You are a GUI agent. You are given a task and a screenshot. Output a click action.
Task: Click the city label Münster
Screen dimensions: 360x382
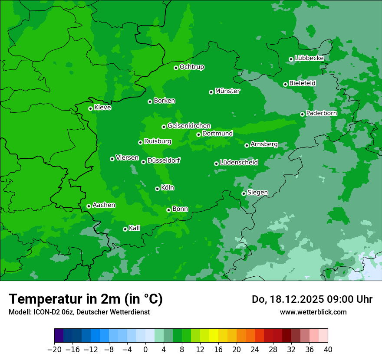pyautogui.click(x=227, y=91)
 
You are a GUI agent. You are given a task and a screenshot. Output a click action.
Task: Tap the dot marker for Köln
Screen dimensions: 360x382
pyautogui.click(x=157, y=189)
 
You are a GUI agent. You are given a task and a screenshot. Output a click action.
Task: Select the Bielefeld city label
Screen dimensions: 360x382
pyautogui.click(x=302, y=83)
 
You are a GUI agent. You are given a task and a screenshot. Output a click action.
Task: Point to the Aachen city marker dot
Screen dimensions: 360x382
pyautogui.click(x=89, y=206)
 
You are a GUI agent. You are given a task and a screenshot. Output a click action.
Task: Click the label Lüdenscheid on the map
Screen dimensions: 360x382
pyautogui.click(x=239, y=163)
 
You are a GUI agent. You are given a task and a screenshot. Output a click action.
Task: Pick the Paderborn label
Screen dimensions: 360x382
pyautogui.click(x=321, y=113)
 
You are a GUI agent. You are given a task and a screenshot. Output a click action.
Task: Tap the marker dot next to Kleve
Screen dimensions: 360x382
pyautogui.click(x=90, y=108)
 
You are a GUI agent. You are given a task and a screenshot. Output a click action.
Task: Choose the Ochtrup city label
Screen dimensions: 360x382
pyautogui.click(x=192, y=67)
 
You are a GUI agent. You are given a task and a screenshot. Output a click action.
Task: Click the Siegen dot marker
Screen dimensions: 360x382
pyautogui.click(x=244, y=193)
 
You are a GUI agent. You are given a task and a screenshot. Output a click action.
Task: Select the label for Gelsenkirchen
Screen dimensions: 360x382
pyautogui.click(x=189, y=126)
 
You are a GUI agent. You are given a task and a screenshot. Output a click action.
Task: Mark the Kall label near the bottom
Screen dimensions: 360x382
pyautogui.click(x=135, y=228)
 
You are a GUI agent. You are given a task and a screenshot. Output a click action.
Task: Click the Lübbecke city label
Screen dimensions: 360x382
pyautogui.click(x=309, y=58)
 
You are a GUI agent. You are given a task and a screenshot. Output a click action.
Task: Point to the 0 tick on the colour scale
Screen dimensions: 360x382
pyautogui.click(x=145, y=350)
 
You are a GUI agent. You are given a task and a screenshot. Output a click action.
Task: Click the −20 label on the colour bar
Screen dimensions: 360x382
pyautogui.click(x=55, y=350)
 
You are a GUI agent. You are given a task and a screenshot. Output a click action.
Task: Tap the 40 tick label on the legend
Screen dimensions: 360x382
pyautogui.click(x=328, y=350)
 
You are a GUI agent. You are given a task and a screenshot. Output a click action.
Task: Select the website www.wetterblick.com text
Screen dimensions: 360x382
pyautogui.click(x=313, y=312)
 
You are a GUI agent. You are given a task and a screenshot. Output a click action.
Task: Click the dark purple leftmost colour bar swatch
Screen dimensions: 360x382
pyautogui.click(x=59, y=336)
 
